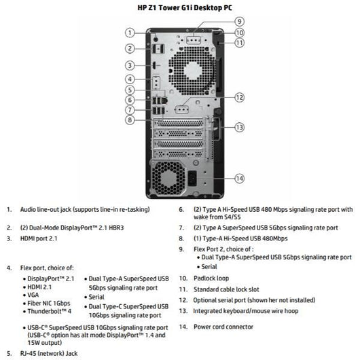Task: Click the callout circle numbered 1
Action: pos(129,32)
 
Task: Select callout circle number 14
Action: pos(239,178)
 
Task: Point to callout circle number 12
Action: pos(239,98)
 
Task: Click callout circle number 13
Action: pos(239,127)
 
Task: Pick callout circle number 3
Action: pos(129,65)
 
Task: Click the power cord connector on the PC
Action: pos(198,179)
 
